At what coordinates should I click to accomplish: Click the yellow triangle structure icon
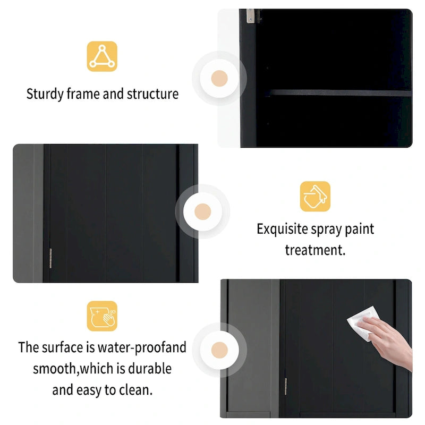(x=102, y=56)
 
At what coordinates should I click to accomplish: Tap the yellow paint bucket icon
(x=315, y=196)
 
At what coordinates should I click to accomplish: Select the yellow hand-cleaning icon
(x=102, y=316)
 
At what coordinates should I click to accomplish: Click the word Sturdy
(x=45, y=95)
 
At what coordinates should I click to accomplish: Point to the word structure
(x=152, y=94)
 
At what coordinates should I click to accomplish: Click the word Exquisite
(x=282, y=229)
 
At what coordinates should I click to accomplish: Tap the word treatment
(x=315, y=250)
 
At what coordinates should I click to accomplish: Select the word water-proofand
(x=142, y=348)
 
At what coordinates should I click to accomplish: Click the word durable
(x=150, y=369)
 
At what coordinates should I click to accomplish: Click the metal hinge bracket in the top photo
(x=251, y=16)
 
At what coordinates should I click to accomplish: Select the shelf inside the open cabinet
(x=339, y=93)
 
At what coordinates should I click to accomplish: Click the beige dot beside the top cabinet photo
(x=219, y=78)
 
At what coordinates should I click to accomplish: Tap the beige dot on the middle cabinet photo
(x=202, y=211)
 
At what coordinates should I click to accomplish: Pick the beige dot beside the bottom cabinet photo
(x=219, y=350)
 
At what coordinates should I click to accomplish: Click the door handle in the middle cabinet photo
(x=50, y=258)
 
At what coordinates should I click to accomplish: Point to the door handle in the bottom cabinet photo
(x=286, y=387)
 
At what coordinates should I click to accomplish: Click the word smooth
(x=55, y=369)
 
